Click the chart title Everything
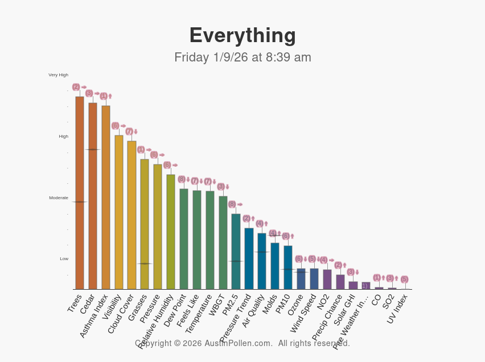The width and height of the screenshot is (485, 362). click(242, 35)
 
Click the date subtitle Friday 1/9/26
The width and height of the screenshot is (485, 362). click(242, 57)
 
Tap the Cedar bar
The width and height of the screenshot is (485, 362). click(93, 196)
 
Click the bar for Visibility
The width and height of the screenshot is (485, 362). click(119, 212)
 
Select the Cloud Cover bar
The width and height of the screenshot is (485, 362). click(131, 215)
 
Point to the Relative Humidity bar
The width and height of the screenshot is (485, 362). click(171, 232)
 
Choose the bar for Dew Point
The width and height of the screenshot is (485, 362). click(184, 238)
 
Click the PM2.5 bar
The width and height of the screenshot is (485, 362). click(236, 251)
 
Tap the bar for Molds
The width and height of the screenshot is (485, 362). click(275, 266)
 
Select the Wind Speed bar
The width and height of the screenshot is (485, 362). click(314, 279)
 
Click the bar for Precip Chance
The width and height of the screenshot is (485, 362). click(340, 282)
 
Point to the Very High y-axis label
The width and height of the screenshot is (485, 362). click(58, 75)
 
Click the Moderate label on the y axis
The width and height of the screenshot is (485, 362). click(58, 198)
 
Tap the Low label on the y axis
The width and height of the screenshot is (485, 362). click(64, 259)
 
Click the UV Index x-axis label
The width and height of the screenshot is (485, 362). click(398, 308)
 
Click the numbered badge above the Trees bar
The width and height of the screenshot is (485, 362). click(76, 87)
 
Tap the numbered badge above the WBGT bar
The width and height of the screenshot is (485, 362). click(220, 187)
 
